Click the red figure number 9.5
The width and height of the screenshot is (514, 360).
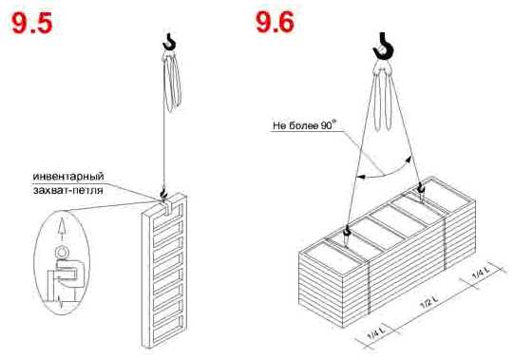coord(32,23)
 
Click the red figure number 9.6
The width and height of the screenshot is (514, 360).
coord(275,22)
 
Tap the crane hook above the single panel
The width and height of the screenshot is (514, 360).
coord(170,42)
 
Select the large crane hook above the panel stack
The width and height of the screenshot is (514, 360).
coord(383,47)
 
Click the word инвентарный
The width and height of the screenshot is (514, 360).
coord(68,176)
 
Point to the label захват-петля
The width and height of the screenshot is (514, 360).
coord(67,190)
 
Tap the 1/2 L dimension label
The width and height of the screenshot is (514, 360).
coord(429,302)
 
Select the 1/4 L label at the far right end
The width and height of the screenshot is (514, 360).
coord(481,272)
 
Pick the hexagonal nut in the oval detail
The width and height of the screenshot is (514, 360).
coord(62,253)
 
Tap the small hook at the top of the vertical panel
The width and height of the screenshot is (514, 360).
coord(162,195)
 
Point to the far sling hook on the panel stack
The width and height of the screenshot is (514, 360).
coord(420,189)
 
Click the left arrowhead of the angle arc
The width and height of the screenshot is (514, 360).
coord(361,177)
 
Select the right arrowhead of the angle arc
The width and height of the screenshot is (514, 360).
coord(409,160)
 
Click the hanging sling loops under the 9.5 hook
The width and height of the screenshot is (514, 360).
coord(172,82)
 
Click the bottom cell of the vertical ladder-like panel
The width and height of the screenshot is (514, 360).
coord(168,331)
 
